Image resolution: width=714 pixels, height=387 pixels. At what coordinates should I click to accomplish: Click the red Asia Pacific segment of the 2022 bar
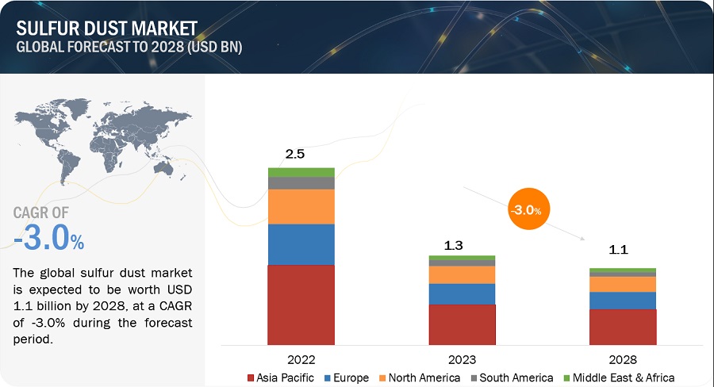[x=301, y=305]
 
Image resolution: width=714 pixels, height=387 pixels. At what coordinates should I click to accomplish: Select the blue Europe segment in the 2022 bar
[x=301, y=244]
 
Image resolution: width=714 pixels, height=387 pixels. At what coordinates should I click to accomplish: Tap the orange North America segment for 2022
[x=301, y=206]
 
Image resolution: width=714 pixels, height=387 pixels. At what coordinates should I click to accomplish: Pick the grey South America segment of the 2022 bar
[x=301, y=182]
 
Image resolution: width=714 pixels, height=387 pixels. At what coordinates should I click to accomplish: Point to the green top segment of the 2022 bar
[x=301, y=172]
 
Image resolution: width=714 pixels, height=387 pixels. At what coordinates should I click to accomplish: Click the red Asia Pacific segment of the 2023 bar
[x=462, y=324]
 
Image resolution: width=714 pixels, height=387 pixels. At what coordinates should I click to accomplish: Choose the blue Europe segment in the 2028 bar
[x=623, y=301]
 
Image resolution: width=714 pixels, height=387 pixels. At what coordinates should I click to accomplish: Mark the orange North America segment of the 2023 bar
[x=462, y=274]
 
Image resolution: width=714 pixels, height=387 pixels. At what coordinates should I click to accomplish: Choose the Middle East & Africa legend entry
[x=620, y=377]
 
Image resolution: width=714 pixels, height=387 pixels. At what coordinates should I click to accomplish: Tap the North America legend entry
[x=421, y=377]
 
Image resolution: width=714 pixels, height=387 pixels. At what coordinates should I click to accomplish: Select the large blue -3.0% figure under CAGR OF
[x=48, y=238]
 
